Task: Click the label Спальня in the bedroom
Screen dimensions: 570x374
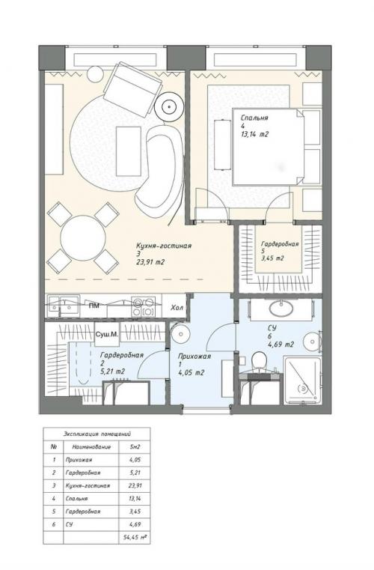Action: (x=254, y=118)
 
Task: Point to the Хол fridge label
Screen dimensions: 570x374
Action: (x=177, y=307)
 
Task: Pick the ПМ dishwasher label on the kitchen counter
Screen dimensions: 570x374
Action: (x=94, y=306)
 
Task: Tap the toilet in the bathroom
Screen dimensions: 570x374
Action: (x=259, y=363)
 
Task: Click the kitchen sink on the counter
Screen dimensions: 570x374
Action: (x=63, y=305)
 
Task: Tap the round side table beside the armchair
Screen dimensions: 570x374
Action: (x=170, y=106)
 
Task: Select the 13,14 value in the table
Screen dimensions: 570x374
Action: (x=135, y=497)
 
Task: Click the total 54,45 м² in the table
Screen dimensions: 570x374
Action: (x=135, y=537)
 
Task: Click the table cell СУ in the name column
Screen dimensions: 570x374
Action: (x=68, y=524)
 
